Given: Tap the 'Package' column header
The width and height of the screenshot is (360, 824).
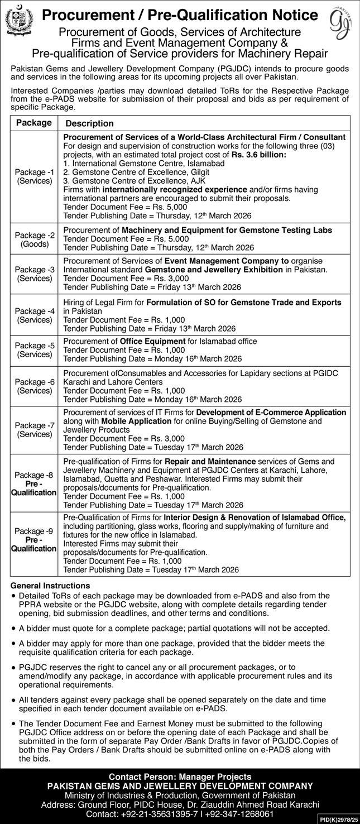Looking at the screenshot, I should (x=33, y=123).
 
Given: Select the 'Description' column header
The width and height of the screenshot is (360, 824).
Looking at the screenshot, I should (x=89, y=123).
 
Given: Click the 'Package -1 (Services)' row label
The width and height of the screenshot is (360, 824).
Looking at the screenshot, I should (x=34, y=177).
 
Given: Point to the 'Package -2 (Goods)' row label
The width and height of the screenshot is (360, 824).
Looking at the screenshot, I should (x=34, y=239).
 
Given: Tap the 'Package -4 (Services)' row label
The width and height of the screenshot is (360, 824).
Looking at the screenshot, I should (x=34, y=315).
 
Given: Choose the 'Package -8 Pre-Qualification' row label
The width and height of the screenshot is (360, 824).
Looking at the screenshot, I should (x=34, y=483).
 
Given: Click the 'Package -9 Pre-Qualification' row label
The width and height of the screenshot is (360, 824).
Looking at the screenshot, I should (x=34, y=540).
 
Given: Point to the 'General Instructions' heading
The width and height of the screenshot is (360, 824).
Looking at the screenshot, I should (x=50, y=586).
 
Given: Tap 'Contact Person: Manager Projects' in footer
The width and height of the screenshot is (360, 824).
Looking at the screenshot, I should (x=180, y=776).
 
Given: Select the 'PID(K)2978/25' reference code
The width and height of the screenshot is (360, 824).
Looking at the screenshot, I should (x=338, y=819).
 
